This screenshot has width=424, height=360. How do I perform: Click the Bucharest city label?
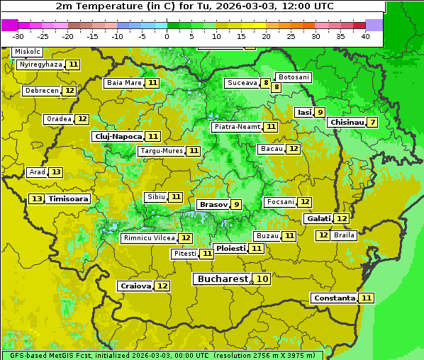pyautogui.click(x=222, y=279)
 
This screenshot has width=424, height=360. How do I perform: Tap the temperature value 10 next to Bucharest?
pyautogui.click(x=262, y=279)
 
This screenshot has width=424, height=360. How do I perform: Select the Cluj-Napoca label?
pyautogui.click(x=117, y=136)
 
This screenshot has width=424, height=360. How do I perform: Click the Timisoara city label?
pyautogui.click(x=69, y=199)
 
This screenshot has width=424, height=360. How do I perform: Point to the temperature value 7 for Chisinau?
pyautogui.click(x=373, y=122)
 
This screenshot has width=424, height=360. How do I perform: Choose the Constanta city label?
pyautogui.click(x=334, y=298)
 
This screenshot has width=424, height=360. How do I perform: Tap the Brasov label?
pyautogui.click(x=213, y=204)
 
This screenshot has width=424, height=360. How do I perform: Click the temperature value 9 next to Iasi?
pyautogui.click(x=320, y=112)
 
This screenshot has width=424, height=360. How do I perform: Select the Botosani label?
pyautogui.click(x=294, y=77)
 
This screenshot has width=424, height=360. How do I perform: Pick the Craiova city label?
pyautogui.click(x=135, y=286)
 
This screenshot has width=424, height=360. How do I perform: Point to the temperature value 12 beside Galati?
pyautogui.click(x=341, y=219)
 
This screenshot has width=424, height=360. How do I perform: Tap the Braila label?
pyautogui.click(x=344, y=235)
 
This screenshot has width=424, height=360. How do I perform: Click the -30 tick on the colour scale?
pyautogui.click(x=18, y=36)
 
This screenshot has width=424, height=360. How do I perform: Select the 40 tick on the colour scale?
pyautogui.click(x=365, y=36)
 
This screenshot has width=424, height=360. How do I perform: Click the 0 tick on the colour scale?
pyautogui.click(x=167, y=36)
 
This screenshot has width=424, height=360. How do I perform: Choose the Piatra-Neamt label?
pyautogui.click(x=237, y=127)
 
